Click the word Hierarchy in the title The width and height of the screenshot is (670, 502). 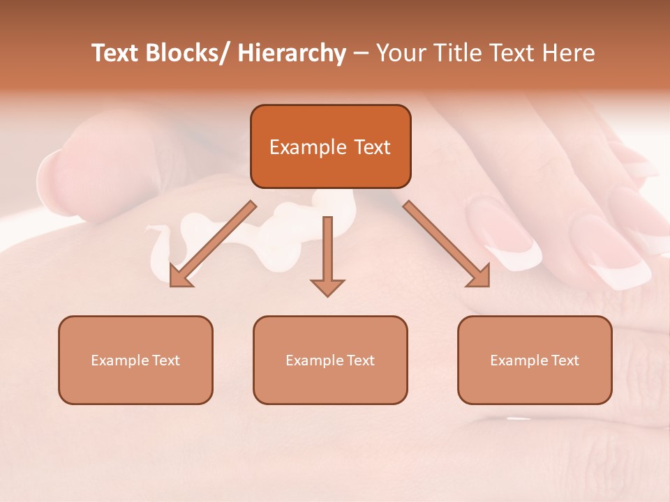(292, 54)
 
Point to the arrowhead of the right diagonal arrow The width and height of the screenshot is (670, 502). (479, 276)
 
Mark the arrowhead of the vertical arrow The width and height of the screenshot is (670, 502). (327, 287)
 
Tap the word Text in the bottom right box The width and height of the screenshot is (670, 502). (564, 360)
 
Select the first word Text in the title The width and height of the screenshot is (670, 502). (117, 54)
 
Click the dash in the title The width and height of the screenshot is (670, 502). (361, 54)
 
